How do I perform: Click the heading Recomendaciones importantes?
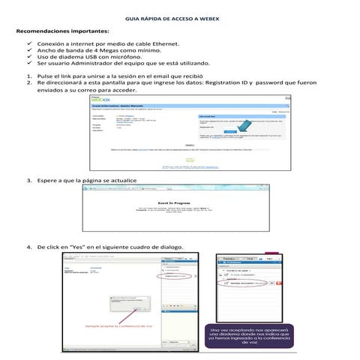[61, 33]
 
